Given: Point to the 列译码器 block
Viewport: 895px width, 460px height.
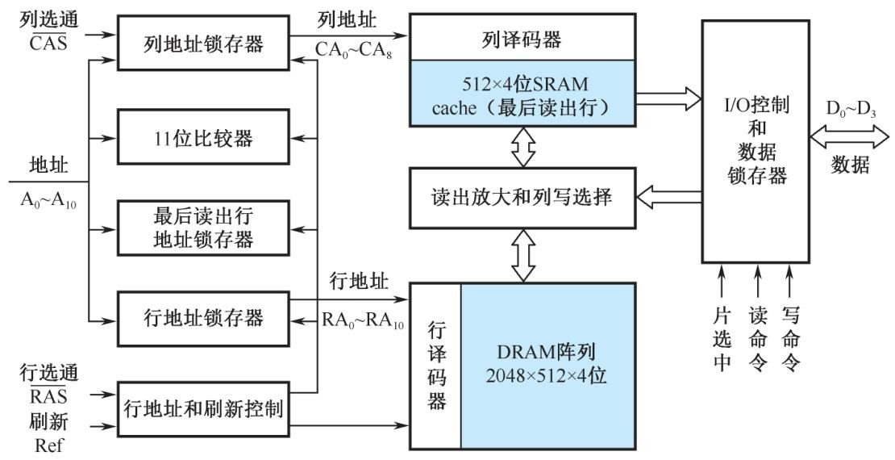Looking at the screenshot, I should coord(522,38).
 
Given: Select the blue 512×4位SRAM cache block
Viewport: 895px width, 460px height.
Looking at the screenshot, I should coord(522,95).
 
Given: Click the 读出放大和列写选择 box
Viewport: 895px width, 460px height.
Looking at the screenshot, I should coord(522,196).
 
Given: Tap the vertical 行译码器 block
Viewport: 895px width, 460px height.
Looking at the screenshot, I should coord(436,365).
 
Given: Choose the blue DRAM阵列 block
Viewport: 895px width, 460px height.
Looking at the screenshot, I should coord(547,365).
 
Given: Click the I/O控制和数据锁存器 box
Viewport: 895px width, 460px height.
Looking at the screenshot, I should coord(755,141).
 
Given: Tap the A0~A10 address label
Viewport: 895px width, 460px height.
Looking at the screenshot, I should coord(47,202).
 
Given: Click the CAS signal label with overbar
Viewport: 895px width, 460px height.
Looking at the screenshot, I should coord(48,44).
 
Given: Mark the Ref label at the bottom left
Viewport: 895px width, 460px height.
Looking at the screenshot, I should coord(48,445).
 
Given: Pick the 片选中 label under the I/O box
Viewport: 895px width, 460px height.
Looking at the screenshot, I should coord(722,339).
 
